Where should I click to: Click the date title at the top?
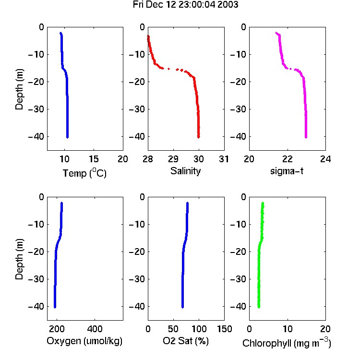click(x=185, y=5)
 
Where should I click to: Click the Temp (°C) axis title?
click(x=84, y=173)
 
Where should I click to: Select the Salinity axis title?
click(x=185, y=171)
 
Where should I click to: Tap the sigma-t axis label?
click(x=287, y=171)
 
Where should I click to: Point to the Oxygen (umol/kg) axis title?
click(x=84, y=341)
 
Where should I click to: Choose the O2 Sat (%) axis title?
click(x=185, y=341)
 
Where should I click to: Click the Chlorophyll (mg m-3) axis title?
click(x=287, y=343)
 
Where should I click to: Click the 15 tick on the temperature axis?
click(x=94, y=159)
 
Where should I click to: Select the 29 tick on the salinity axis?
click(x=173, y=159)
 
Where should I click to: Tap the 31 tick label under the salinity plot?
click(x=224, y=159)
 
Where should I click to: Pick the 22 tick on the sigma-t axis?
click(x=288, y=159)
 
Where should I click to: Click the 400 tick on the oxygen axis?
click(x=95, y=329)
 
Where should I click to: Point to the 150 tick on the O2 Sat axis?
click(x=224, y=329)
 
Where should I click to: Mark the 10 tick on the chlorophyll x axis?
click(x=288, y=329)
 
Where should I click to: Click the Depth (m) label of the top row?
click(x=19, y=89)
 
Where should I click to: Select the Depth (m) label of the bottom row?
click(x=19, y=259)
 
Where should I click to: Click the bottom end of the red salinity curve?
click(x=199, y=137)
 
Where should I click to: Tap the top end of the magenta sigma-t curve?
click(x=276, y=33)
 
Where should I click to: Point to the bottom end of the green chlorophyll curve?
click(x=259, y=307)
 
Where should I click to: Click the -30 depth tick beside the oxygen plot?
click(x=36, y=279)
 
